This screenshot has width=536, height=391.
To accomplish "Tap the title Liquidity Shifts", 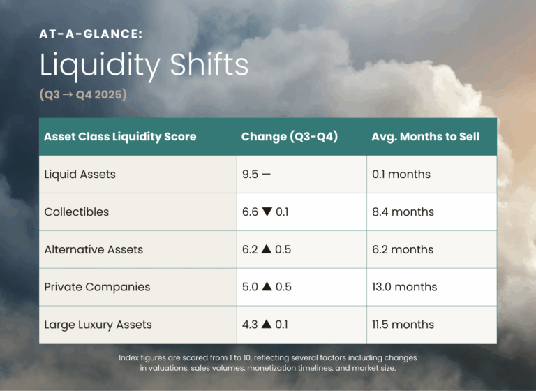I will click(x=144, y=65).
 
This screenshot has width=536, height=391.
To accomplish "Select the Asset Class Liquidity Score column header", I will click(x=121, y=137).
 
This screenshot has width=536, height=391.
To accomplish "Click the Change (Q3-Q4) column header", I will click(x=290, y=137).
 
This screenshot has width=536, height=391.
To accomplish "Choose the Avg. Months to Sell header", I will click(x=426, y=137).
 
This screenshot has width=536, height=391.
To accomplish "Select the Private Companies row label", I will click(x=97, y=287).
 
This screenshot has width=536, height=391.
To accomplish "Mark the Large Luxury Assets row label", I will click(x=98, y=325).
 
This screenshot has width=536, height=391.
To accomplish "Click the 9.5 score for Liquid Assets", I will click(x=250, y=175).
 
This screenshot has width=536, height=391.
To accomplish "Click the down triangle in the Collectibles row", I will click(x=268, y=212).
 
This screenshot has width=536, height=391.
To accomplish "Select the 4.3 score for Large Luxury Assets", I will click(x=250, y=325).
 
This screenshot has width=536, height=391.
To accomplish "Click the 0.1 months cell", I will click(x=401, y=175).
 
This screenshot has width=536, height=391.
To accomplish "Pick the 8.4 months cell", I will click(x=403, y=212).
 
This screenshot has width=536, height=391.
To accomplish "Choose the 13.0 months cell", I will click(x=405, y=287).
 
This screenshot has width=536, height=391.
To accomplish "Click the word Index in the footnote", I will click(x=131, y=357).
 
